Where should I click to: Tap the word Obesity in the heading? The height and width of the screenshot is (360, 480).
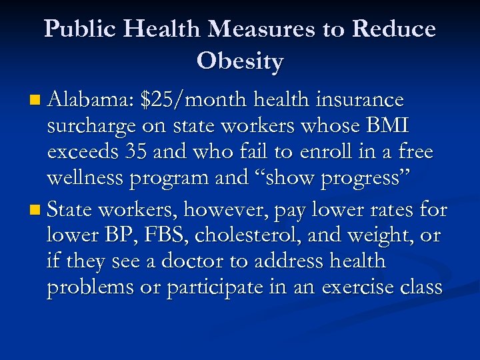point(240,61)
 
